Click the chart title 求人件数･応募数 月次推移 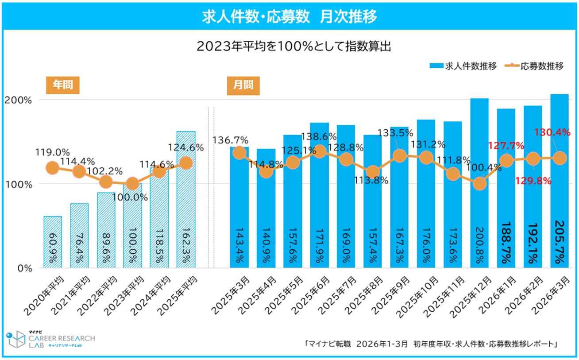(289, 16)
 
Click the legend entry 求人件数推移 (463, 66)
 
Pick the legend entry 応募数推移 (536, 66)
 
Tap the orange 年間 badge (62, 85)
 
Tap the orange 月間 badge (243, 85)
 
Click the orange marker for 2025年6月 (320, 151)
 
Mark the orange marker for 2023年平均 (132, 183)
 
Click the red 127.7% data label (506, 145)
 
